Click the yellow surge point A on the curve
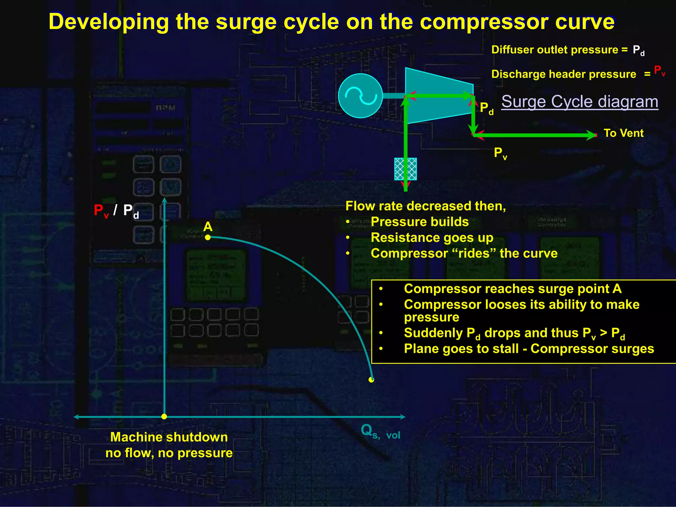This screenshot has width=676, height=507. point(208,237)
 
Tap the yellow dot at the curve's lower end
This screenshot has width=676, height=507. point(371,380)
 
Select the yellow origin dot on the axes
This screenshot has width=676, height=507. point(164,417)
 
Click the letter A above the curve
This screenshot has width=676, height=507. point(208,227)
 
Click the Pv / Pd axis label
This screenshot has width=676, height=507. point(116,211)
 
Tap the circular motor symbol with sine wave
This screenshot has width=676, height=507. point(360,96)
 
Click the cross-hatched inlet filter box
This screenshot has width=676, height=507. point(406,169)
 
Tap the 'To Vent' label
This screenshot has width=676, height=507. point(624,133)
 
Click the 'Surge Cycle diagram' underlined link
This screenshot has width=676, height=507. point(580,102)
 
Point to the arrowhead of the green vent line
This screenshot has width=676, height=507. point(591,135)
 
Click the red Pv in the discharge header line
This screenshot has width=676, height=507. point(659,71)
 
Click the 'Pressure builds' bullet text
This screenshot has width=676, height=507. point(420,222)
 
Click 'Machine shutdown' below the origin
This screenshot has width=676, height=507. point(169,437)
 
